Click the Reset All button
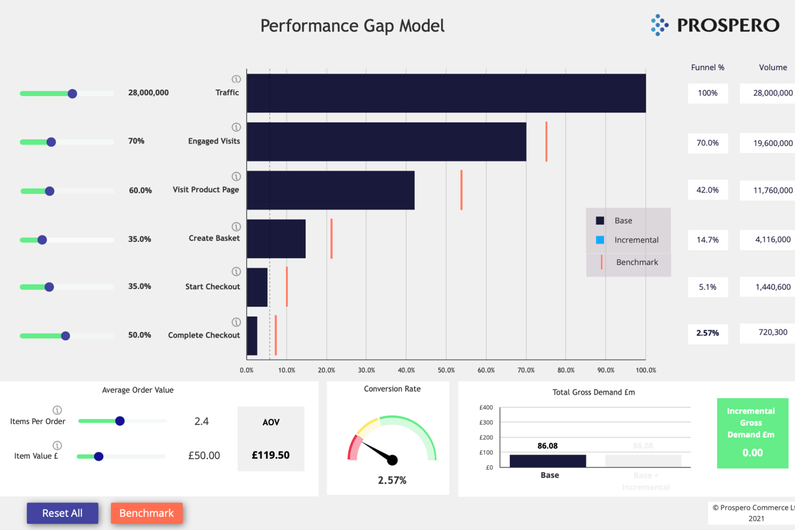[x=62, y=513]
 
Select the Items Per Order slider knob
[x=120, y=421]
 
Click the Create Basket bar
[x=276, y=239]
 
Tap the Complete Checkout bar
[x=252, y=336]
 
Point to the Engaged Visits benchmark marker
[x=546, y=142]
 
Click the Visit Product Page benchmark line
[x=462, y=190]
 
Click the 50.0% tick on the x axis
[x=446, y=370]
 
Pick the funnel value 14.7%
[x=707, y=240]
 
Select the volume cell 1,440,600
[x=772, y=287]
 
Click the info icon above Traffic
[x=236, y=79]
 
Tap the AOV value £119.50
[x=271, y=455]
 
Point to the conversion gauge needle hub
[x=393, y=460]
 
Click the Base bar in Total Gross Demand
[x=547, y=460]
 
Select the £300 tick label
[x=486, y=422]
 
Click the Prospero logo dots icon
[x=659, y=25]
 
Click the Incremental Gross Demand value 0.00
[x=752, y=453]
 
